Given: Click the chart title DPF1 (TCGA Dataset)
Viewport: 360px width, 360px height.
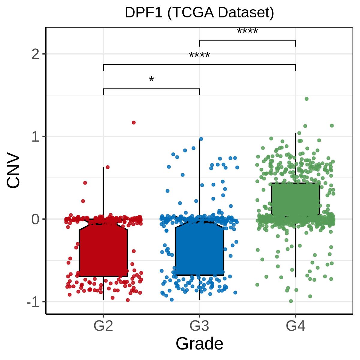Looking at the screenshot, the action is click(199, 13).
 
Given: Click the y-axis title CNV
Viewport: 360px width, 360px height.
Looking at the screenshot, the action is click(13, 170).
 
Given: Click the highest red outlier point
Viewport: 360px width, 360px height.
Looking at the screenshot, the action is click(133, 123).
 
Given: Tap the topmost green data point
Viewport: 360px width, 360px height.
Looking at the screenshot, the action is click(307, 99).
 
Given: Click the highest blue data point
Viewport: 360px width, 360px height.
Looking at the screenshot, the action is click(201, 139).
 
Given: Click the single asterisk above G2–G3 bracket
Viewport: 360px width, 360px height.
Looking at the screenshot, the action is click(151, 79).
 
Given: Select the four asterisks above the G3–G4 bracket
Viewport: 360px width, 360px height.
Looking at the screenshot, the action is click(247, 31).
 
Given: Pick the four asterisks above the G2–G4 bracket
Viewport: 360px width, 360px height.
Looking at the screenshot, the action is click(199, 55).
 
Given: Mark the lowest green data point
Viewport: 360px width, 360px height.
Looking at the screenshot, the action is click(291, 301).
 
